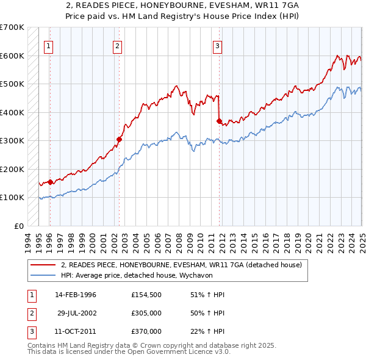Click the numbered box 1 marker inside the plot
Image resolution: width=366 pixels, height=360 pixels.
pos(48,45)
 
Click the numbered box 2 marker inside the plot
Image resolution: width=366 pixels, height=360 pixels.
pos(117,45)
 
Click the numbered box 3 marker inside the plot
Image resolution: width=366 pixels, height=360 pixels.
pos(217,45)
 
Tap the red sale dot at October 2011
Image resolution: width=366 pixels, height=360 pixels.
pos(218,121)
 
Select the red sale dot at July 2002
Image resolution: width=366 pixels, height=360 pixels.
pos(119,139)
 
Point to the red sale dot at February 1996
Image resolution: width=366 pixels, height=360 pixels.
pos(50,182)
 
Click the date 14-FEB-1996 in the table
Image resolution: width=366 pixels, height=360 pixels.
pos(76,295)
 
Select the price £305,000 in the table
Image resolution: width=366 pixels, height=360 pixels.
pos(146,314)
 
